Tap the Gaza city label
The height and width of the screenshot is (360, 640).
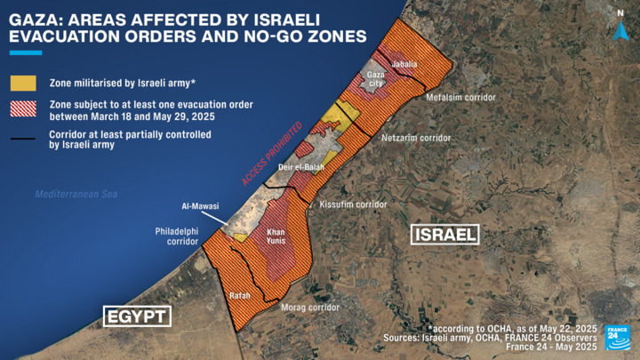click(x=376, y=78)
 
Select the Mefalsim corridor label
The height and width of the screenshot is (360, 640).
click(x=460, y=98)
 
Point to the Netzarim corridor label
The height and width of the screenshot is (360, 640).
click(x=416, y=139)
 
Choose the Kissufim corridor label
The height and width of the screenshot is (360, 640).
click(x=353, y=204)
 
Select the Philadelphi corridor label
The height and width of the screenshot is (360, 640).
click(x=176, y=235)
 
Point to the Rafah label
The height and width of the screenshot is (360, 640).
click(x=240, y=294)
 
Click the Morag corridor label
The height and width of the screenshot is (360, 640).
click(x=311, y=307)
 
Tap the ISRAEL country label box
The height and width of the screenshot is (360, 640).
click(x=444, y=235)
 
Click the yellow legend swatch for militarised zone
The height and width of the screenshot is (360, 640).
click(x=23, y=83)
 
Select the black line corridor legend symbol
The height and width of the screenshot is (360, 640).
click(x=23, y=139)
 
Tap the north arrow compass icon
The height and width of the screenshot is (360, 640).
click(x=620, y=27)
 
